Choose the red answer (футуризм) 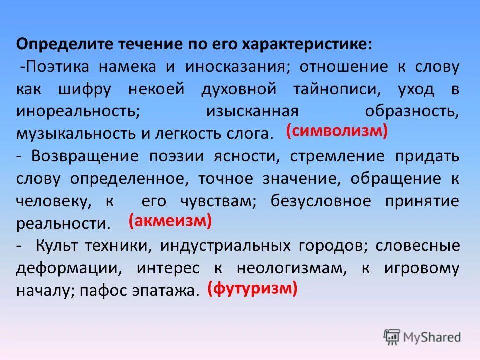253,288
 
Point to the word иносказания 235,66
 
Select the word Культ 55,246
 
